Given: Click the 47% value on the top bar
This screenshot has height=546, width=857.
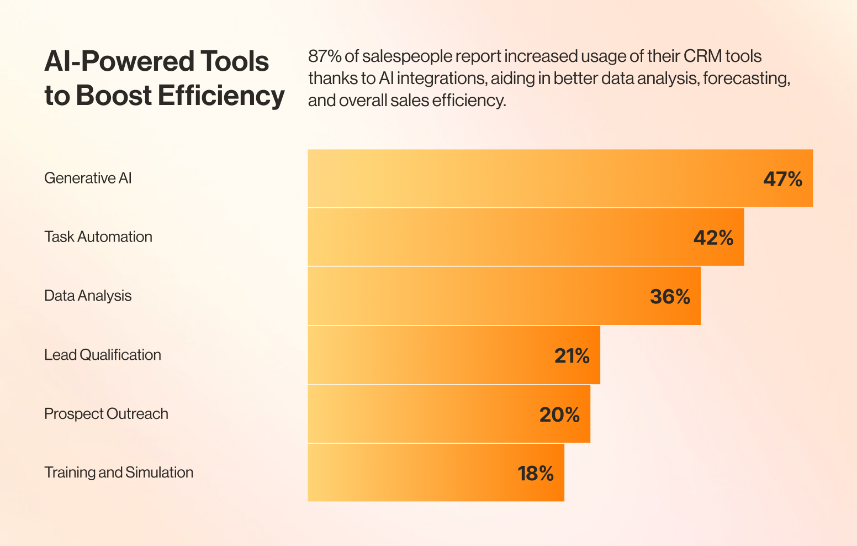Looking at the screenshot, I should (782, 179).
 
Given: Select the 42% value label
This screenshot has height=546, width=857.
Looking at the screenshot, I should (713, 238).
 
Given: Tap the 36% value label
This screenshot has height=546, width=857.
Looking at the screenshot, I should (670, 297).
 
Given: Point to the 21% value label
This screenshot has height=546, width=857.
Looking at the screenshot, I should (572, 356).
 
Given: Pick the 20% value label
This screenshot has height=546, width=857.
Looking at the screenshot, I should (559, 414).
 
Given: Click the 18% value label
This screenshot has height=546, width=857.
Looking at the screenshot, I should (535, 474).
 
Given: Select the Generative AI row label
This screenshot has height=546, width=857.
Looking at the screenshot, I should (88, 178).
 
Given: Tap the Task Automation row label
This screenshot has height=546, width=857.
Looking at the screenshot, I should (98, 237).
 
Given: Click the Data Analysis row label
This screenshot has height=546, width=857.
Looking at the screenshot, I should (88, 296).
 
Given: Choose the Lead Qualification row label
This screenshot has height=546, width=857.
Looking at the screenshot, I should (103, 355).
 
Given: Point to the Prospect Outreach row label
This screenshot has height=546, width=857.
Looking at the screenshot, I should (106, 413).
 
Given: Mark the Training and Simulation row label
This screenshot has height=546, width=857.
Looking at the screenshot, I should (119, 473).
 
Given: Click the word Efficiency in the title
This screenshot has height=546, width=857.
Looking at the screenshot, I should (221, 96).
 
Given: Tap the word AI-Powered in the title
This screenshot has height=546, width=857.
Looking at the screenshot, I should (119, 61).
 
